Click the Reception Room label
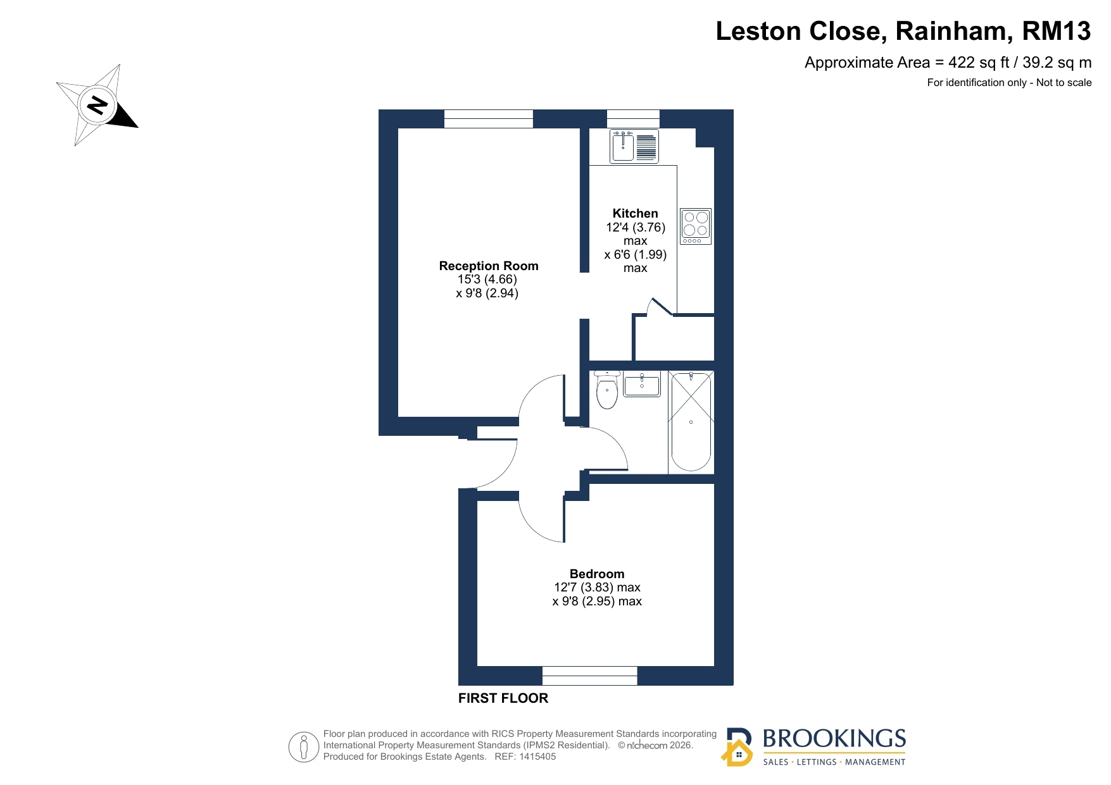click(x=489, y=266)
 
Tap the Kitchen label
click(x=635, y=213)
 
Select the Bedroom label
click(x=597, y=574)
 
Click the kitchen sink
click(x=634, y=146)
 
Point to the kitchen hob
click(x=696, y=226)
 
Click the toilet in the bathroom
click(x=606, y=390)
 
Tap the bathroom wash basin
click(x=642, y=384)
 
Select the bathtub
click(x=691, y=421)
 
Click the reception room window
click(x=488, y=119)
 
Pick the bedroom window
click(x=589, y=676)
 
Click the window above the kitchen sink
click(x=633, y=119)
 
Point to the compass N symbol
click(x=97, y=104)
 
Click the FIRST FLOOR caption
click(x=503, y=698)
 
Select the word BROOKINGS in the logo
click(x=834, y=738)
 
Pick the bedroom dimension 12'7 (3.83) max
click(x=597, y=588)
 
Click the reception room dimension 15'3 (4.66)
click(x=487, y=280)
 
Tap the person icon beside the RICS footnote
click(x=304, y=746)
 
